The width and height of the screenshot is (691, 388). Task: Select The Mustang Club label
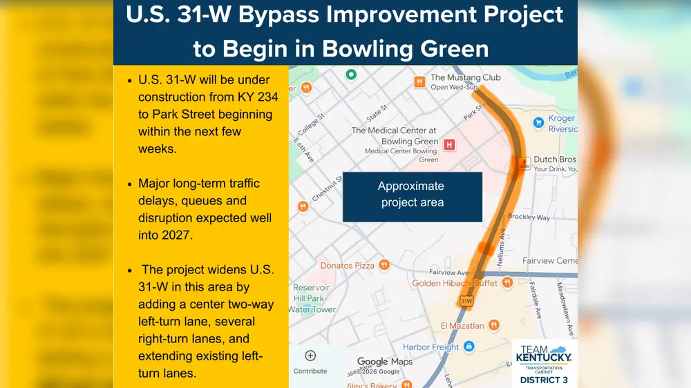coord(465,78)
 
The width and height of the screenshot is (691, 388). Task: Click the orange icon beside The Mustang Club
coord(419,82)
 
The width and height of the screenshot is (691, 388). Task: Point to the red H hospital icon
coord(450,145)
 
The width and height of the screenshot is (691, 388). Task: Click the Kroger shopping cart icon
coord(538,123)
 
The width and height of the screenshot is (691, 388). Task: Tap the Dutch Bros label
coord(554,159)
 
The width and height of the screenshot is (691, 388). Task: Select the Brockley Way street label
coord(529,217)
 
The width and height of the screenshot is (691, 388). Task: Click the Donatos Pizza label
coord(347,265)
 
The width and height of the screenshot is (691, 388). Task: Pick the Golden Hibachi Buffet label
coord(455,283)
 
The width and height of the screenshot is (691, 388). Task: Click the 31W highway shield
coord(466,301)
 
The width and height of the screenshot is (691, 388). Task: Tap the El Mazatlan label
coord(462,325)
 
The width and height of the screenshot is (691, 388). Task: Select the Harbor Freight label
coord(430,347)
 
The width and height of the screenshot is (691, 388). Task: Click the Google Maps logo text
coord(384,362)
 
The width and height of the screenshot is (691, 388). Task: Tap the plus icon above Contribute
coord(310,356)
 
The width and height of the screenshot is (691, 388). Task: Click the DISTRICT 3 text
coord(544,380)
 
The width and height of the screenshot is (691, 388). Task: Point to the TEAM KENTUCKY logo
coord(544,355)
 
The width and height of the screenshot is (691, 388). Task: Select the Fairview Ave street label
coord(448,273)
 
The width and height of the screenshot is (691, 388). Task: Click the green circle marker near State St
coord(351,74)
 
